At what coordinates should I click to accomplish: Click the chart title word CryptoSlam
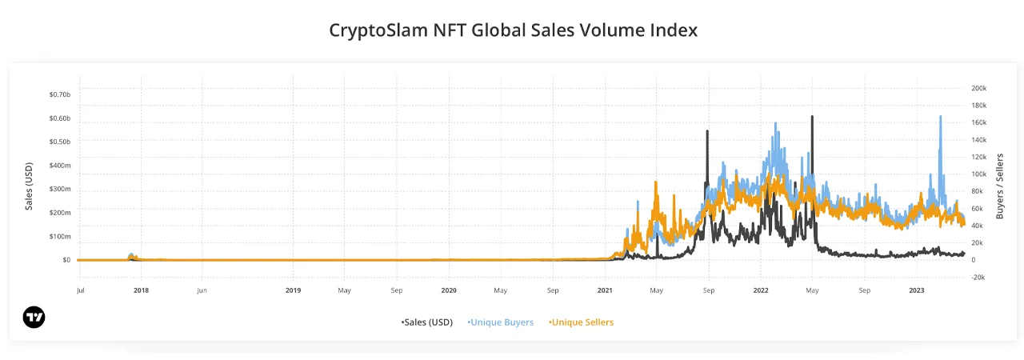378,30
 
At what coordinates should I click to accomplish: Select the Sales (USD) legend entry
427,322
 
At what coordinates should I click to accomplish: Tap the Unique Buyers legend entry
500,322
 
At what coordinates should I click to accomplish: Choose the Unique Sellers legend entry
581,322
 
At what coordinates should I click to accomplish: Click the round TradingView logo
34,317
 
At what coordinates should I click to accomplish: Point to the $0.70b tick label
60,94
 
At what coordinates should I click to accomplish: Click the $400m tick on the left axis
60,166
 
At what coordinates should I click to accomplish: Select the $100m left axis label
60,236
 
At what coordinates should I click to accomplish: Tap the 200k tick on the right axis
978,88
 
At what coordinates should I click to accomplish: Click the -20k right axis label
978,278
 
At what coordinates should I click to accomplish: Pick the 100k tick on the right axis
978,174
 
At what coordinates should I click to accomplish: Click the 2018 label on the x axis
141,290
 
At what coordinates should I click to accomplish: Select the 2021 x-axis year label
605,290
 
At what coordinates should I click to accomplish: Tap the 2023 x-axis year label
917,290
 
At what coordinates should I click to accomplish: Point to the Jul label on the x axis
81,290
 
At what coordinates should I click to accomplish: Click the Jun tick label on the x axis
202,290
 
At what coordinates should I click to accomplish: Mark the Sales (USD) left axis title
29,186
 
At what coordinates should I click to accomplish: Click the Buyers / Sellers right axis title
1000,186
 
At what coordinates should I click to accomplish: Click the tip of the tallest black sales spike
812,116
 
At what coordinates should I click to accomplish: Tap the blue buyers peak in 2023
940,116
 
